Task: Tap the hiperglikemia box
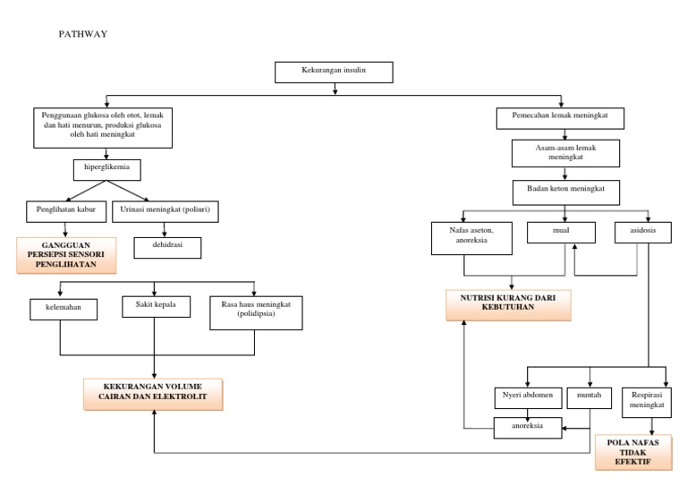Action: point(106,166)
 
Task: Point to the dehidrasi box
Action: point(167,247)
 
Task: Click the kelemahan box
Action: point(61,310)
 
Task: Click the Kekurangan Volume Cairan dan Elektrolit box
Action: point(153,394)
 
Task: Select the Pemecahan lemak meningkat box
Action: point(559,117)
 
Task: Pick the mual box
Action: point(561,231)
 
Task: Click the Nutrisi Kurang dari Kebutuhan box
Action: point(509,304)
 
